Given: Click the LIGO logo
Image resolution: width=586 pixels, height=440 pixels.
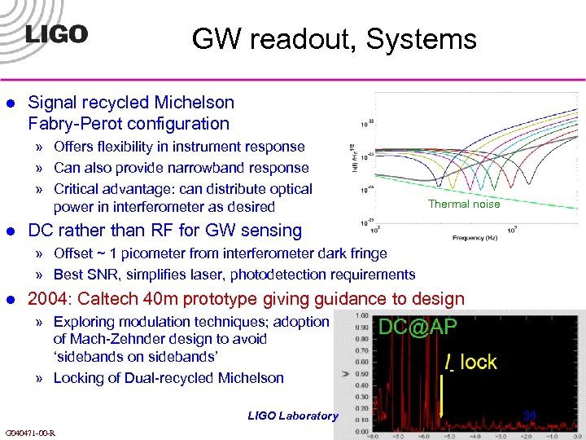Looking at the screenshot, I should [x=55, y=33].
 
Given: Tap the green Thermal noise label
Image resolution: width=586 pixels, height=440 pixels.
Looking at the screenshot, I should [x=464, y=204].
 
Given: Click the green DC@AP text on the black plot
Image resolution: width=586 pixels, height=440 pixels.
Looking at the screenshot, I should [x=418, y=328].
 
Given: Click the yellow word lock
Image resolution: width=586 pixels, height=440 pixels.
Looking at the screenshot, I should [x=478, y=362].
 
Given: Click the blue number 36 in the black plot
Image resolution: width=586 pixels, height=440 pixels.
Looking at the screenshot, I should [x=530, y=415].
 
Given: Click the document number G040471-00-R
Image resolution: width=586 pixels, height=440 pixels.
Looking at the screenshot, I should [x=30, y=433].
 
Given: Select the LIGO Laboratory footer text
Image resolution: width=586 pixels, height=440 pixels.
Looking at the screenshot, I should [x=292, y=416].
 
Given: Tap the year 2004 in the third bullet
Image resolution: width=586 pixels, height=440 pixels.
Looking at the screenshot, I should [x=48, y=299].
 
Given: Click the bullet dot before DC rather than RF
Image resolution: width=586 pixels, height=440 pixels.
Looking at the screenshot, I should [x=11, y=231].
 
